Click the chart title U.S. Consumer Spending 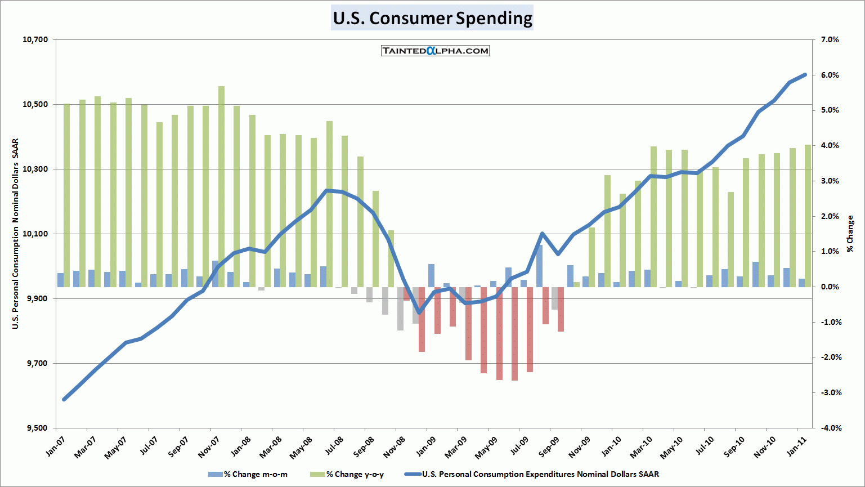pos(432,18)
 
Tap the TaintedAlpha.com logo pos(435,51)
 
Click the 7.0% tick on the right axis pos(830,40)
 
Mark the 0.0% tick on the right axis pos(830,287)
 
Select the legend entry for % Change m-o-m pos(248,474)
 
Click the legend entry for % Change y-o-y pos(347,474)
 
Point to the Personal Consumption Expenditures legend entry pos(532,474)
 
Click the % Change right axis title pos(850,234)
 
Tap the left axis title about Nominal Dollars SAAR pos(16,234)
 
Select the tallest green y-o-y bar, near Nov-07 pos(222,186)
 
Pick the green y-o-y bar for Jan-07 pos(67,195)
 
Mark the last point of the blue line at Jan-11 pos(805,74)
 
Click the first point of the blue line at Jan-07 pos(64,399)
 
